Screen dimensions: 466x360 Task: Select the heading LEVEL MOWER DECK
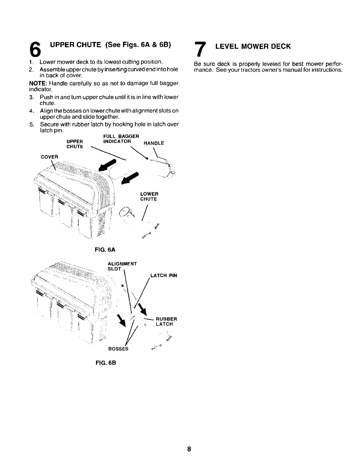pos(253,46)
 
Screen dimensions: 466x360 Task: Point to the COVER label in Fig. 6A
pos(50,156)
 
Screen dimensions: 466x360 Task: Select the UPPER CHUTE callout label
pos(75,144)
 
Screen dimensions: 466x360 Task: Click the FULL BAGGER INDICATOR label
pos(121,139)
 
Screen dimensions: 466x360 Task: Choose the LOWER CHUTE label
pos(149,197)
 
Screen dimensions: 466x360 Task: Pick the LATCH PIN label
pos(164,276)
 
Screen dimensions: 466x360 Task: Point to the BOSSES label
pos(118,349)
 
